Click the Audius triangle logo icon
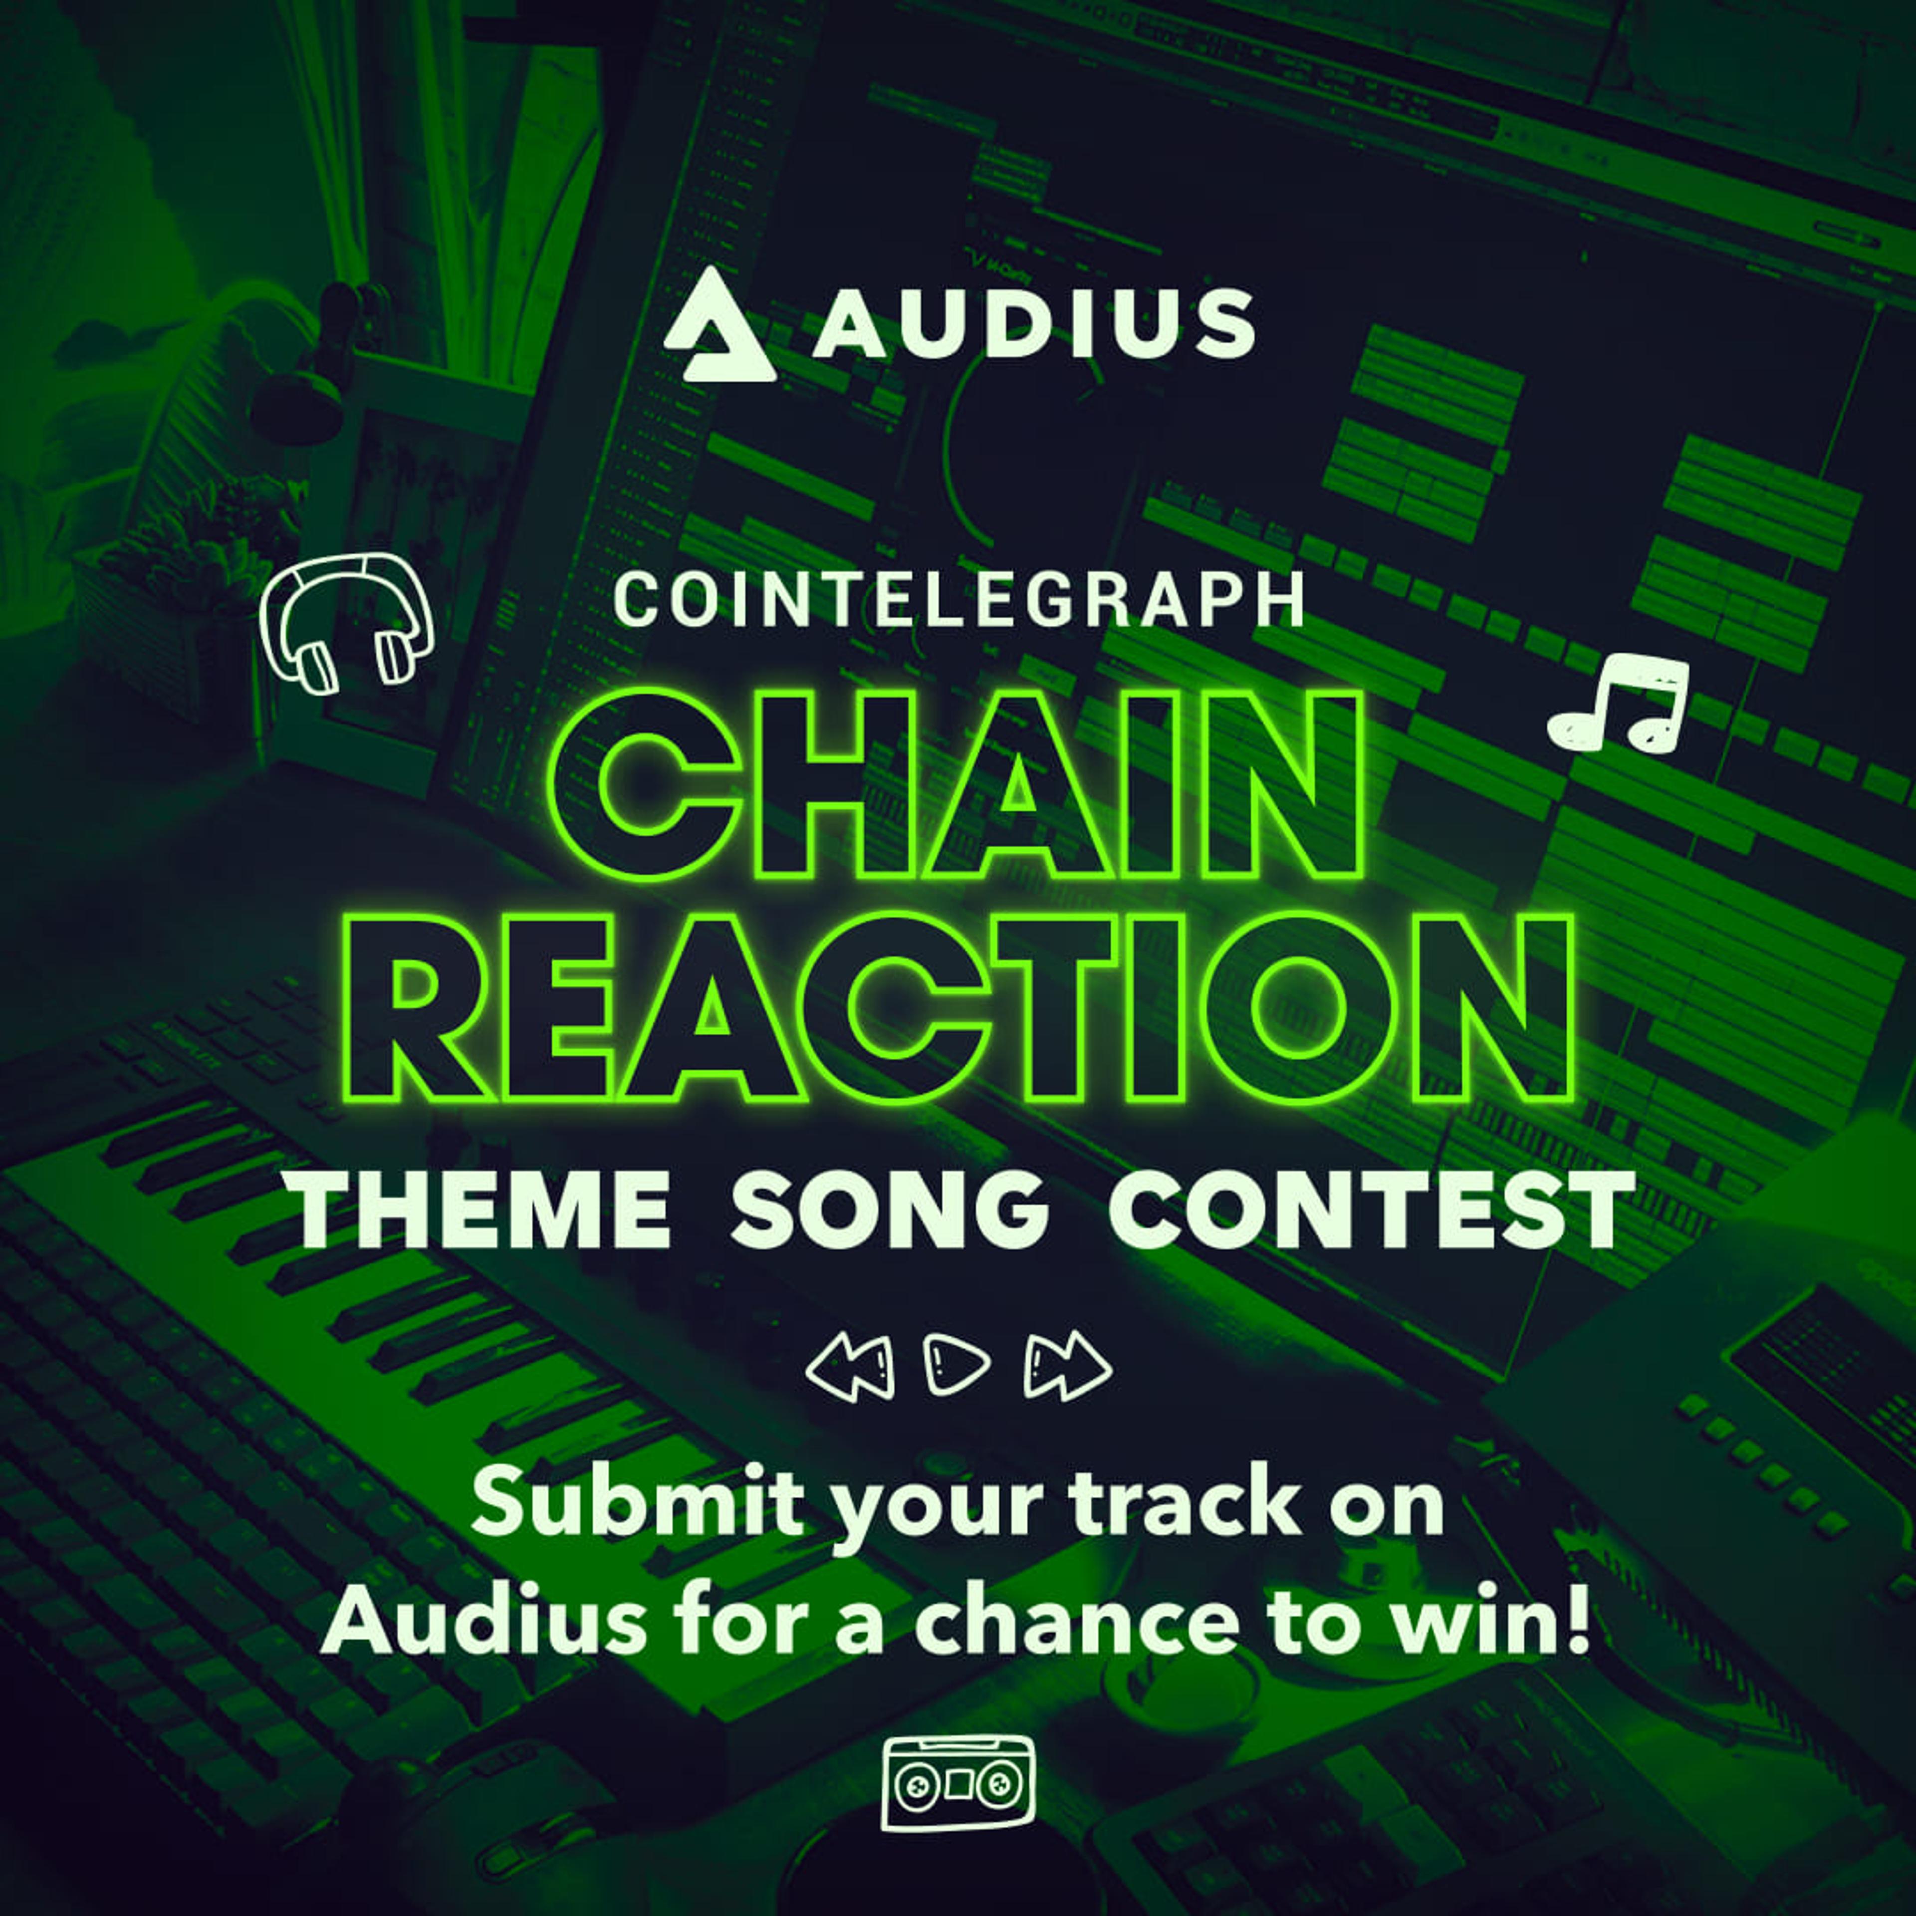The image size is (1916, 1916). (x=718, y=327)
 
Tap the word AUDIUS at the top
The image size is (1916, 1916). (x=1033, y=323)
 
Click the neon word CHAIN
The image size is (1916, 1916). (x=959, y=785)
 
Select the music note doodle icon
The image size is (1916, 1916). (x=1619, y=702)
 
